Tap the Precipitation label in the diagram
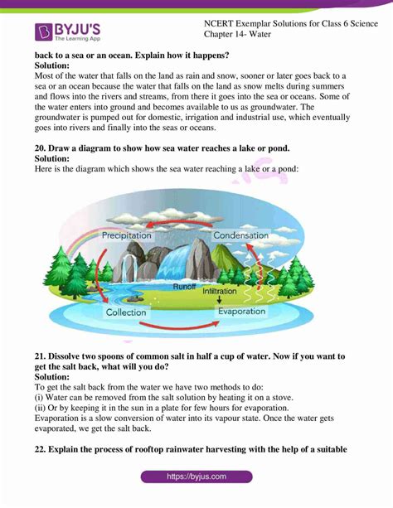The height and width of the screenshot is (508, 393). [126, 235]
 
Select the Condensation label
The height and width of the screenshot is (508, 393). [241, 235]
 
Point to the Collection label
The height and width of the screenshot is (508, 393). [126, 312]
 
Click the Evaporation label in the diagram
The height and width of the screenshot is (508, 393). [241, 312]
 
